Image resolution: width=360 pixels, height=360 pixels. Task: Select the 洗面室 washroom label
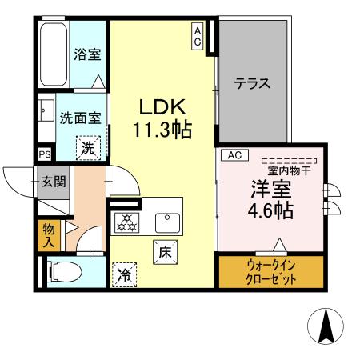[x=80, y=118]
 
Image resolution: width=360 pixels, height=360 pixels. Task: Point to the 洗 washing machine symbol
[x=88, y=147]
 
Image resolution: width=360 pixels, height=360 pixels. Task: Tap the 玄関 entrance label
[x=54, y=183]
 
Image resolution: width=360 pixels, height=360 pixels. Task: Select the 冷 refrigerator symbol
[x=124, y=274]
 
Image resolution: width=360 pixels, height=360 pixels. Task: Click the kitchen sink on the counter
[x=167, y=218]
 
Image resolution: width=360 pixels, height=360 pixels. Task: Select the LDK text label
[x=165, y=107]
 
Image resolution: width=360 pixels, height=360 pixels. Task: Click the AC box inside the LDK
[x=197, y=36]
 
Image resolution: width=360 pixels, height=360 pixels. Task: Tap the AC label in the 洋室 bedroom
[x=236, y=154]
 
